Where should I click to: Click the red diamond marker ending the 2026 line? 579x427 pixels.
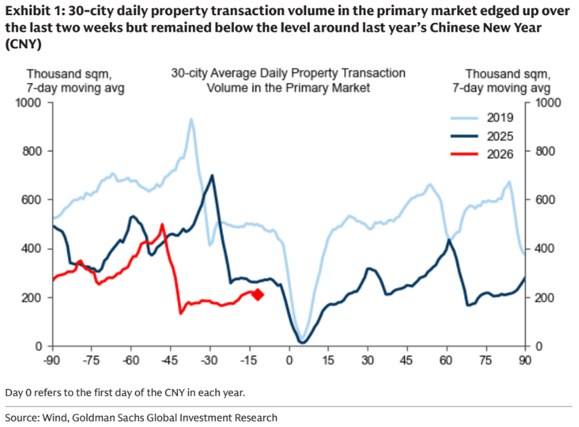tap(257, 295)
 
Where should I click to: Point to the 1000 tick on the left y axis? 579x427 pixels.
tap(32, 103)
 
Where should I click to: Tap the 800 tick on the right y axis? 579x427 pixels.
tap(540, 151)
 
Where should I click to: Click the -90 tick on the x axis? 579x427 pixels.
tap(50, 360)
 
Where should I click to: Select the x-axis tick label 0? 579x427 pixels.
tap(288, 360)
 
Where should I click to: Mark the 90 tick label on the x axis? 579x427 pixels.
tap(525, 360)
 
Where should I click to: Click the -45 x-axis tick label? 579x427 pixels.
tap(169, 360)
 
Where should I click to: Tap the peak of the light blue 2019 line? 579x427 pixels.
tap(191, 120)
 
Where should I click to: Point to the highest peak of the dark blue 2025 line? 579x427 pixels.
tap(212, 175)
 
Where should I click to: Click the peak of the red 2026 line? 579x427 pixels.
tap(162, 225)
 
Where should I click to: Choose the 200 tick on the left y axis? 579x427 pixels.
tap(35, 297)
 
